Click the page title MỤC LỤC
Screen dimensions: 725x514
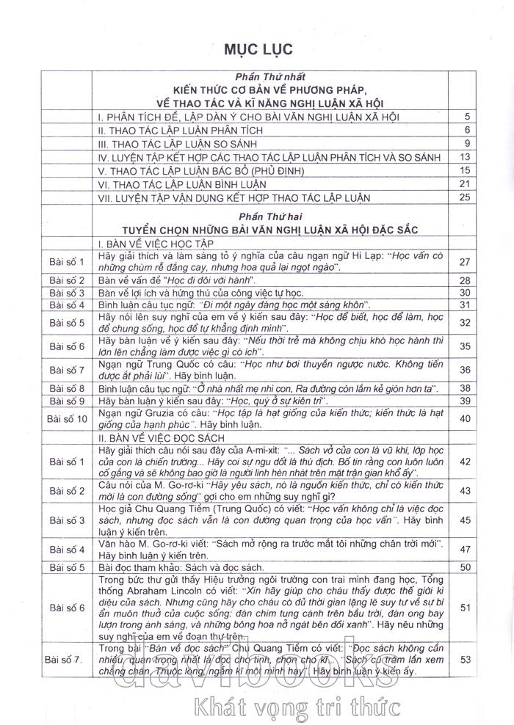[261, 49]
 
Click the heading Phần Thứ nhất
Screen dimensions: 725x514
[270, 76]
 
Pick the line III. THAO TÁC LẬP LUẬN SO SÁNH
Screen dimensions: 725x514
[181, 144]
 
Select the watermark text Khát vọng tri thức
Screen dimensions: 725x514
[294, 706]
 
